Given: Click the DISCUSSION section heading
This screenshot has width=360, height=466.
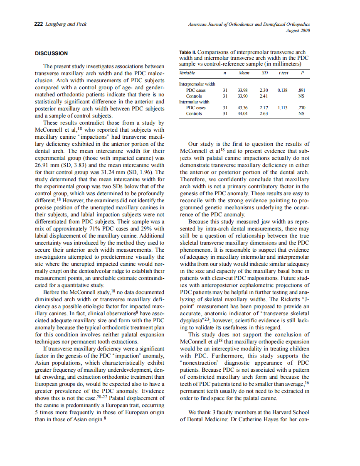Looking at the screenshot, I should pyautogui.click(x=51, y=53).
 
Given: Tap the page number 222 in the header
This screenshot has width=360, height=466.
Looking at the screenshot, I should pyautogui.click(x=39, y=24).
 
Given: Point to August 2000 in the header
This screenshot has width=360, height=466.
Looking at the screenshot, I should pyautogui.click(x=298, y=30).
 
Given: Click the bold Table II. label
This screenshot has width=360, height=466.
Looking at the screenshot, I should pyautogui.click(x=190, y=53).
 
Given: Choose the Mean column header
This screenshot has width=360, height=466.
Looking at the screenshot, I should pyautogui.click(x=244, y=73).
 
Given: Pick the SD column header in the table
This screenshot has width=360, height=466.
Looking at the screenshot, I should pyautogui.click(x=264, y=73).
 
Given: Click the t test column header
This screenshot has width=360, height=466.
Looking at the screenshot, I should pyautogui.click(x=283, y=73).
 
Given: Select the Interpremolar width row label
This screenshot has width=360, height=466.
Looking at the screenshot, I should pyautogui.click(x=195, y=84).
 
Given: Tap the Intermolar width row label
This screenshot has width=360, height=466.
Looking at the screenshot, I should pyautogui.click(x=194, y=102).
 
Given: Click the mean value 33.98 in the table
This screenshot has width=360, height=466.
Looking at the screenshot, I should pyautogui.click(x=243, y=90).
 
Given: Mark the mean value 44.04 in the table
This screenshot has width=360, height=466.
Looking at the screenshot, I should pyautogui.click(x=243, y=113).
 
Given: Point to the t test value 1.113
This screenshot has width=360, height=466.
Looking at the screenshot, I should pyautogui.click(x=283, y=108).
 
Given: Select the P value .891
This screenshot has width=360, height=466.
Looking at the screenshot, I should pyautogui.click(x=301, y=90).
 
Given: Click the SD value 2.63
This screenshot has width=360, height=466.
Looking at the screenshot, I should pyautogui.click(x=264, y=113).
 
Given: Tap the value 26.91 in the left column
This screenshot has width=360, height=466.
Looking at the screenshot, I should pyautogui.click(x=43, y=165).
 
